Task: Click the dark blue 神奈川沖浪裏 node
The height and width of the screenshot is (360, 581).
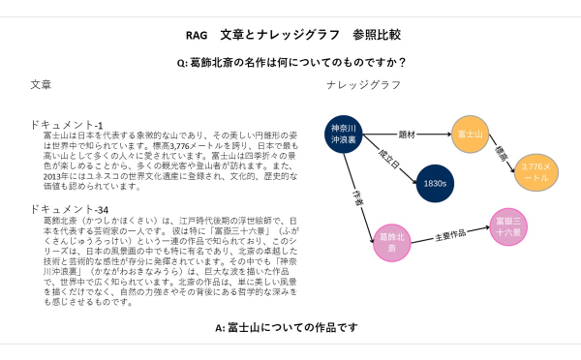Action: [x=344, y=135]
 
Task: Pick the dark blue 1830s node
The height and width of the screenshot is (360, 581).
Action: [x=434, y=183]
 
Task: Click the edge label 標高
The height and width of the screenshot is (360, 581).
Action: [x=503, y=152]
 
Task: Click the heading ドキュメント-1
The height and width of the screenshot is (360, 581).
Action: [x=67, y=125]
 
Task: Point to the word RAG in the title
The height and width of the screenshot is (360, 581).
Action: [x=195, y=35]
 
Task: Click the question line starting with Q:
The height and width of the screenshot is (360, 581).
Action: [x=290, y=62]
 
